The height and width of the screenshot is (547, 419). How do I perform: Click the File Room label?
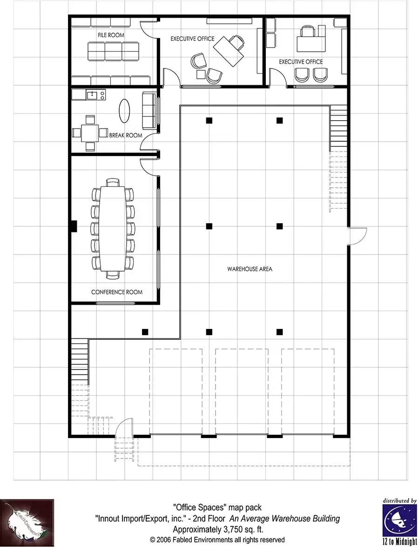111,35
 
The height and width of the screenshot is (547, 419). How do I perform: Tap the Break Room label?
125,136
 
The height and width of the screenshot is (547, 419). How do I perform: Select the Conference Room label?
116,292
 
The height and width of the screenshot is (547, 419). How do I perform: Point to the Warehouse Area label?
250,269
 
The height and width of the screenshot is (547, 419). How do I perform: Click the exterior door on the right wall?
358,236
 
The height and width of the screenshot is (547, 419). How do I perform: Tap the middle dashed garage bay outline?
242,391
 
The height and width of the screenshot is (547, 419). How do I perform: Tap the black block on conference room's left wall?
73,226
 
